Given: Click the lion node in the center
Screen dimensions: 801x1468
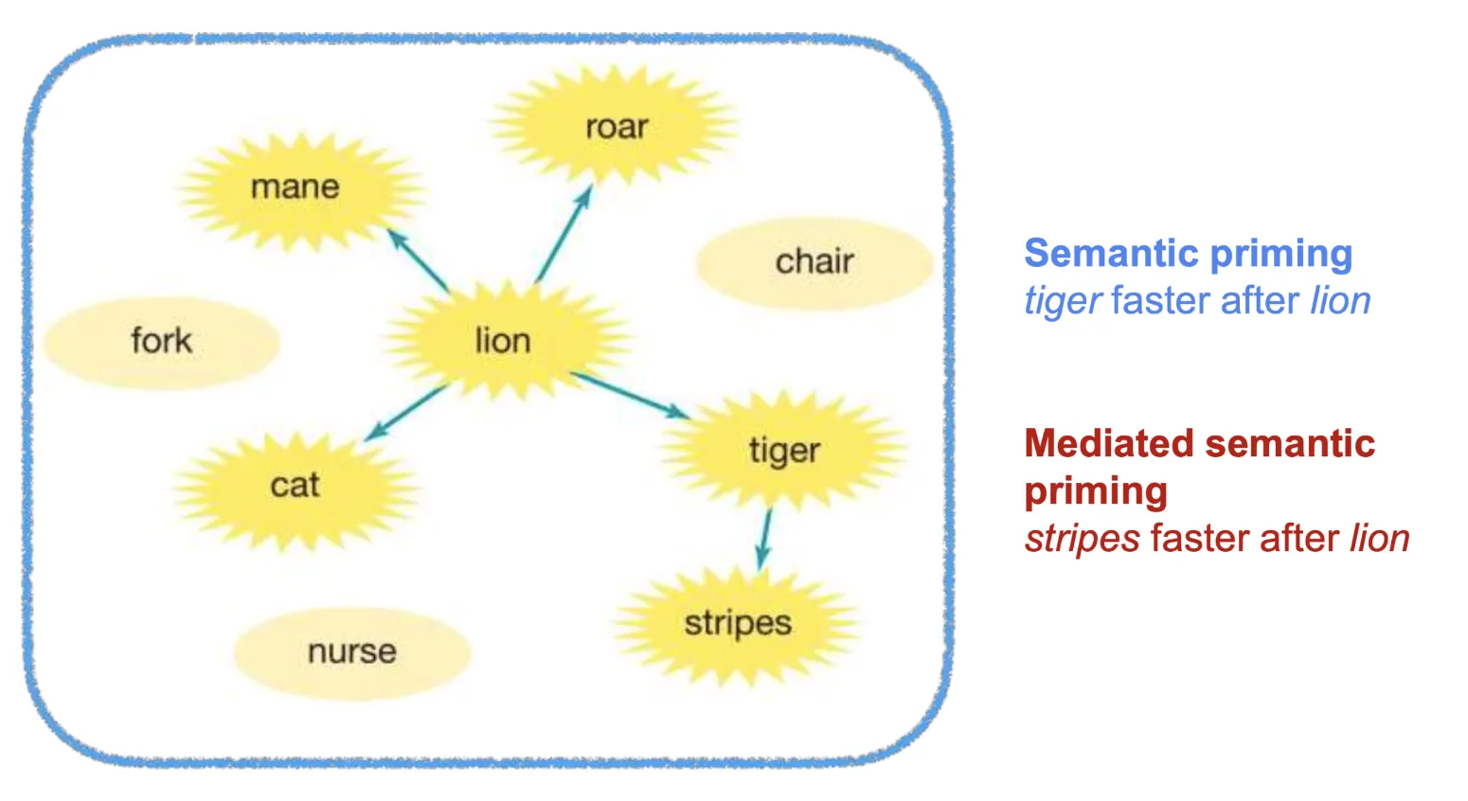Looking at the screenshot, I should [503, 340].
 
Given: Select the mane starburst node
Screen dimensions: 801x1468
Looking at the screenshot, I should [295, 187].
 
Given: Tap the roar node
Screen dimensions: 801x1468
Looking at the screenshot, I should [617, 127].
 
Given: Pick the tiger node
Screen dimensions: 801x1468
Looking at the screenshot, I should [784, 451].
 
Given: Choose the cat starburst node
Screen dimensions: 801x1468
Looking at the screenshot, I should [295, 485].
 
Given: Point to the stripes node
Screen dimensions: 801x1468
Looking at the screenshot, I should [738, 623].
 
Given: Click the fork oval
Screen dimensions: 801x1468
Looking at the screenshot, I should [162, 341].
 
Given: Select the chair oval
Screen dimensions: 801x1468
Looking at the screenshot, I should [815, 261].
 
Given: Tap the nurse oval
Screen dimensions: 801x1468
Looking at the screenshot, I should [352, 651].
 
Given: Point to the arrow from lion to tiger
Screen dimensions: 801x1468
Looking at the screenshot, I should [630, 394].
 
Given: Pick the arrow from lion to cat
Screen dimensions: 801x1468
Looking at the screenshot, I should [405, 413].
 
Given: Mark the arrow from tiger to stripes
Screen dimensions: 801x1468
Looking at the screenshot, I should [764, 539].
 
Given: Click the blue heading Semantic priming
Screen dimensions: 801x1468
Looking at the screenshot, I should [1188, 254].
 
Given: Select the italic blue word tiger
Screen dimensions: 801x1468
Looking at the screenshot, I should [1062, 301].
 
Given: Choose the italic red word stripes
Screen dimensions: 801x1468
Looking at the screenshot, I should [1082, 539].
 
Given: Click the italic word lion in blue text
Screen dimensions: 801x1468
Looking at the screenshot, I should [1340, 301].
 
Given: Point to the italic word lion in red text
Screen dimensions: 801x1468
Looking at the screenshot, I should [1379, 539].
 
